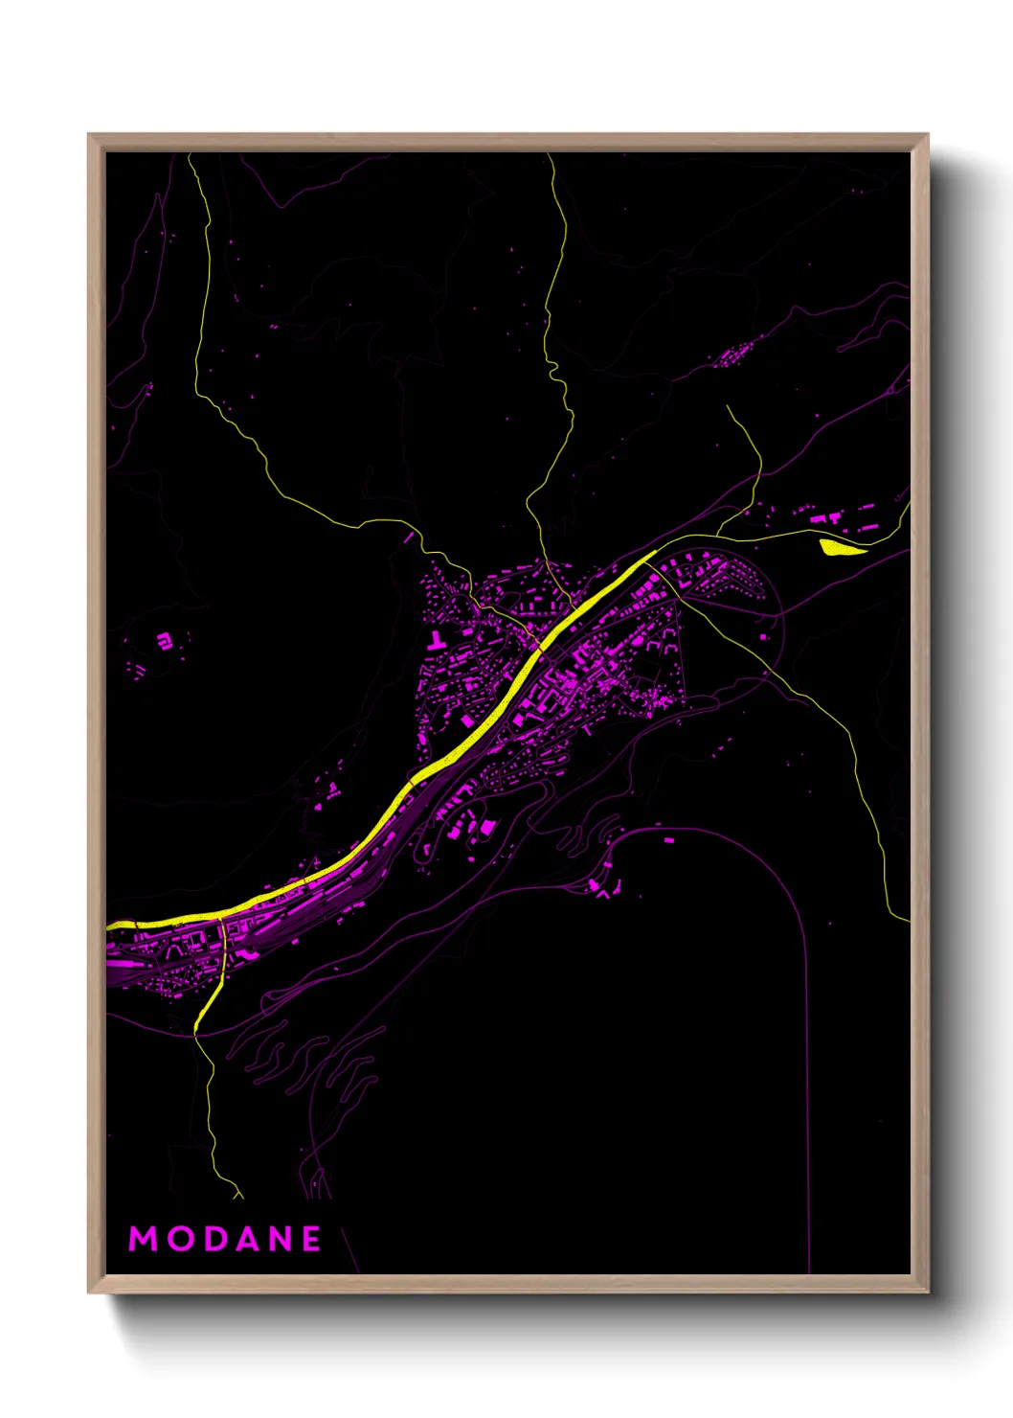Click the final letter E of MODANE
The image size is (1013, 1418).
pos(312,1239)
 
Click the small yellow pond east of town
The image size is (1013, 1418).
pos(841,547)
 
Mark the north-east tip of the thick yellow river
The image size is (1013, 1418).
pos(654,552)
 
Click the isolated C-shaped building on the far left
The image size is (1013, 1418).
pos(165,640)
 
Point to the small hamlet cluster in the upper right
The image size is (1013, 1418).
pos(737,354)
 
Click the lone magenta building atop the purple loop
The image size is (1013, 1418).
pos(668,840)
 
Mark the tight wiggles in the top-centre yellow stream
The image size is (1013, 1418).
pos(553,369)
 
